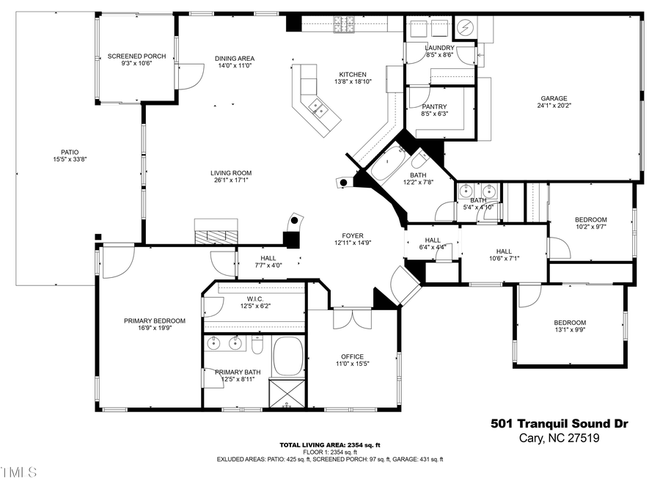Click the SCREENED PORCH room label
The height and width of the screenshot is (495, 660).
pyautogui.click(x=136, y=56)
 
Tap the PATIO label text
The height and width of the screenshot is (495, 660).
pyautogui.click(x=65, y=152)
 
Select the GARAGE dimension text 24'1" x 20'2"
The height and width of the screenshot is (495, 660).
pyautogui.click(x=554, y=106)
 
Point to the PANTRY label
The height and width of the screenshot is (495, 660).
pyautogui.click(x=434, y=107)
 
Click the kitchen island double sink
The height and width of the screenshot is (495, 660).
pyautogui.click(x=318, y=108)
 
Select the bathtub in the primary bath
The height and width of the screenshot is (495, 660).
pyautogui.click(x=288, y=356)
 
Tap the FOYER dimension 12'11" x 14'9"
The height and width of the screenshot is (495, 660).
pyautogui.click(x=353, y=243)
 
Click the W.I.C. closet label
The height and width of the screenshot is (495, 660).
pyautogui.click(x=255, y=298)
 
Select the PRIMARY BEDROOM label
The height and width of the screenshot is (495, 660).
pyautogui.click(x=154, y=320)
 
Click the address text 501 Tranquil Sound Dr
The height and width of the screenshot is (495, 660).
pyautogui.click(x=559, y=423)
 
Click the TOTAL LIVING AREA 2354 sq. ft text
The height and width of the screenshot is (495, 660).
pyautogui.click(x=329, y=445)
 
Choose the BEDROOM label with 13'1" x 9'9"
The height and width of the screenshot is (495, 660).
pyautogui.click(x=569, y=323)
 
